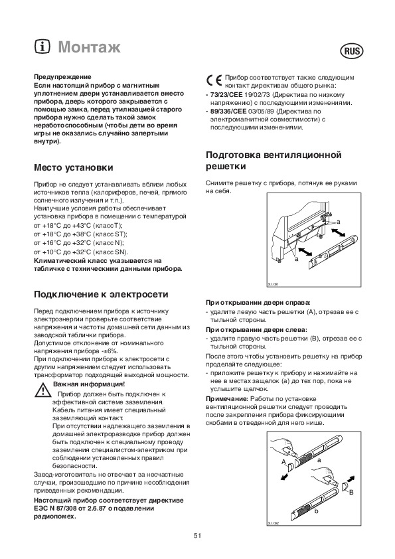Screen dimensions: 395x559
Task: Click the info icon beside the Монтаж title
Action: [x=42, y=46]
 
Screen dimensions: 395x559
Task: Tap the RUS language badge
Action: [x=352, y=51]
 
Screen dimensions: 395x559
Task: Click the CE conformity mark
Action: [x=214, y=81]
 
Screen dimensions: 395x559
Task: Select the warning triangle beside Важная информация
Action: [x=42, y=390]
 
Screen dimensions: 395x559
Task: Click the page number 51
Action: [x=198, y=536]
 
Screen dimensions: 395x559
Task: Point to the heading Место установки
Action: [x=74, y=167]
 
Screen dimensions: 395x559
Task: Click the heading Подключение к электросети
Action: [x=101, y=295]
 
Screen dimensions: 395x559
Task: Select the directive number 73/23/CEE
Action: [x=226, y=95]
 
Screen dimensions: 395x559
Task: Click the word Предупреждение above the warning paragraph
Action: [x=62, y=76]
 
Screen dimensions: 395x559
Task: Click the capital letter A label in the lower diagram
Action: [x=283, y=462]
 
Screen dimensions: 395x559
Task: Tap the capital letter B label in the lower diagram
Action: [x=351, y=493]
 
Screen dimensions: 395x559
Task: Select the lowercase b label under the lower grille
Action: [x=316, y=511]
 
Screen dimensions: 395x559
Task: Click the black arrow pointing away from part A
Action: [x=284, y=477]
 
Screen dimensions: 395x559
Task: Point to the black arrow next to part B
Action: [x=351, y=478]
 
